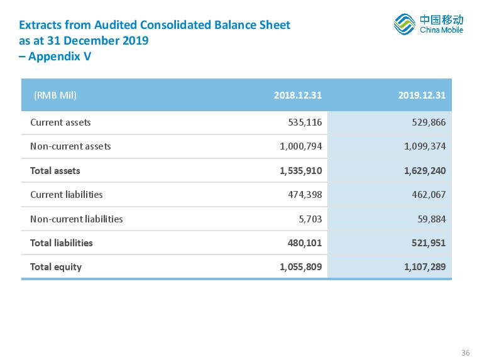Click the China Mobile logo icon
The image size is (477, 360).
[x=404, y=24]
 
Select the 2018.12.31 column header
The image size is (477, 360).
[x=298, y=95]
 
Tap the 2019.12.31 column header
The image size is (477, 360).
[x=422, y=95]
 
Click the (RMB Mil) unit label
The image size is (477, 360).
[x=55, y=95]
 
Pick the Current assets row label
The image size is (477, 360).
[x=60, y=123]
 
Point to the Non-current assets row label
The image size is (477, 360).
[x=70, y=146]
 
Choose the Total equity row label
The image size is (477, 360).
[x=56, y=267]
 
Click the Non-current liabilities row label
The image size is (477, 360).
[x=77, y=219]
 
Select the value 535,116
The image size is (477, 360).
[x=305, y=123]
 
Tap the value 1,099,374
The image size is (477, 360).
[x=425, y=146]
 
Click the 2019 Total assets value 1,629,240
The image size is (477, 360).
[x=425, y=170]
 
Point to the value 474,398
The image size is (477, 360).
[x=305, y=195]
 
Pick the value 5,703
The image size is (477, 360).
[x=310, y=219]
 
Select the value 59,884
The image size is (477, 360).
[x=431, y=219]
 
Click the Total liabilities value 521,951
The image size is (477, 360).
[x=429, y=243]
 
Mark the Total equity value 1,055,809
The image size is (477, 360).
[x=300, y=267]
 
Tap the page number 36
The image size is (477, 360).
[x=466, y=352]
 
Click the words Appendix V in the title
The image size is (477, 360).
[x=60, y=57]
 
